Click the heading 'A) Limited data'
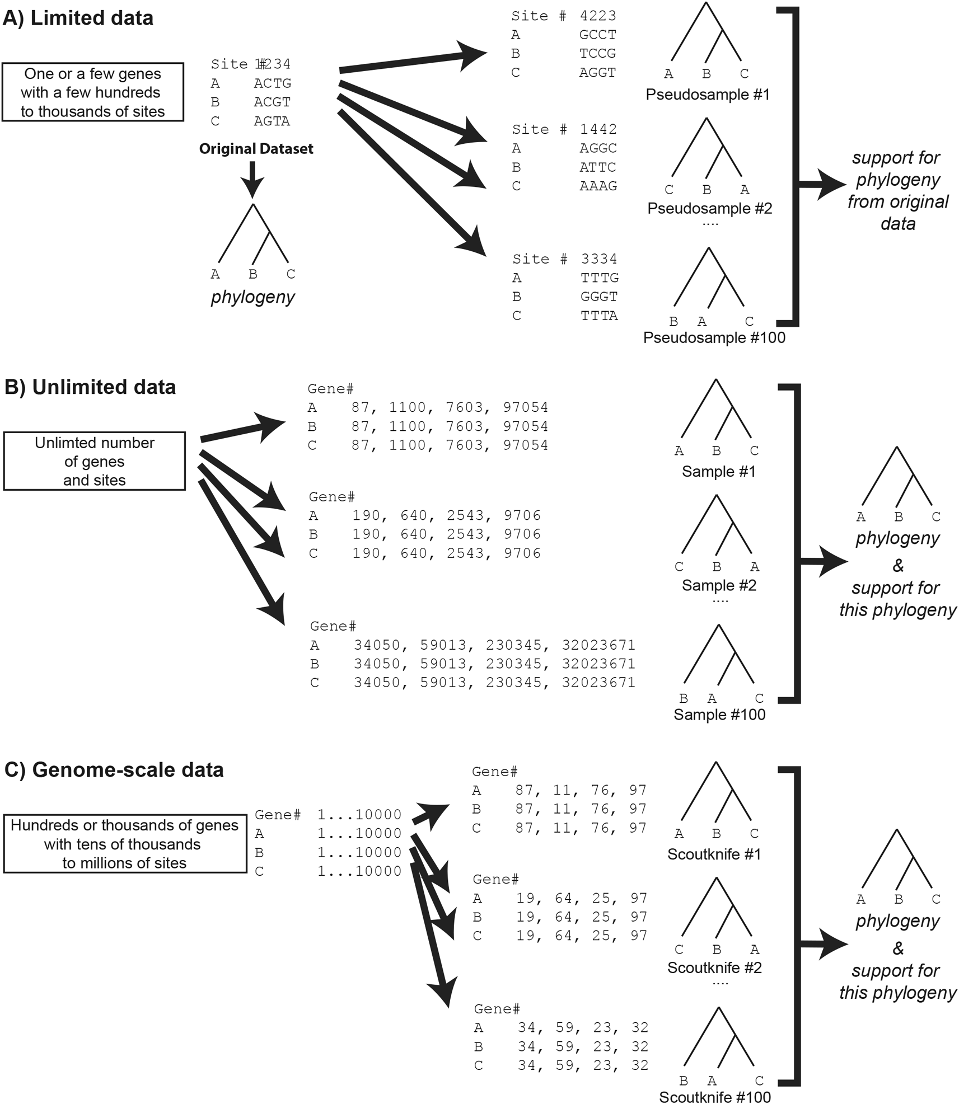[78, 18]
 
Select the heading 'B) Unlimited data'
[90, 387]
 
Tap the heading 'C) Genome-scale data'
[114, 770]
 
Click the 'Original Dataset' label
[256, 149]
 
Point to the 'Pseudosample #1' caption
[708, 95]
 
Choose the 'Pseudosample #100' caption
[714, 338]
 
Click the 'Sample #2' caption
[719, 585]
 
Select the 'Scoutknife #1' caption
[714, 854]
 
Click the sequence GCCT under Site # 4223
[597, 35]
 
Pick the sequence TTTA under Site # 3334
[599, 316]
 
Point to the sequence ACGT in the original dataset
[272, 102]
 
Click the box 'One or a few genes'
[93, 92]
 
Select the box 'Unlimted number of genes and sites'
[95, 461]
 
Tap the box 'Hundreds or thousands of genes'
[125, 844]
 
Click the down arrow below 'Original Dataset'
[252, 178]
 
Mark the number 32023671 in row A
[598, 645]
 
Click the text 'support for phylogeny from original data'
[897, 190]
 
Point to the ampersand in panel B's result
[898, 566]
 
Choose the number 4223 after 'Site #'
[598, 16]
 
